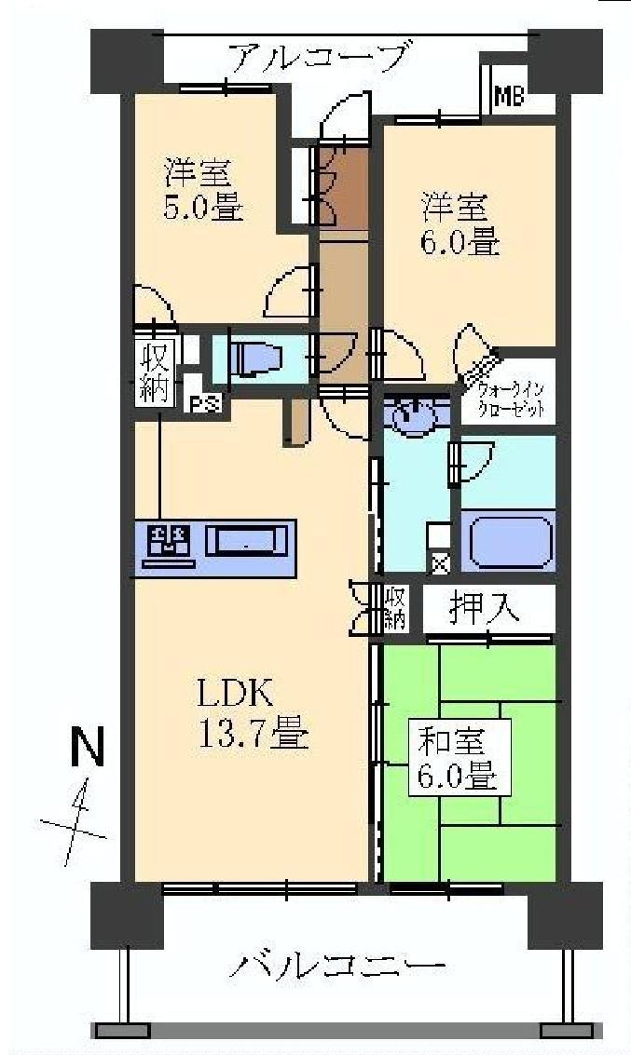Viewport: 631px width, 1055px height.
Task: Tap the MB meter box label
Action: point(509,95)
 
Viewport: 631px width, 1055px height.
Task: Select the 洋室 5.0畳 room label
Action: point(204,189)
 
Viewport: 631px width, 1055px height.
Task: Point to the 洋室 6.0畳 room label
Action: point(460,223)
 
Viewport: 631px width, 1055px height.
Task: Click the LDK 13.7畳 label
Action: point(251,713)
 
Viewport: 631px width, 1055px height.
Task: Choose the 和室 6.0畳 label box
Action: point(459,760)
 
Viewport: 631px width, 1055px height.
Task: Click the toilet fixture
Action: point(254,358)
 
